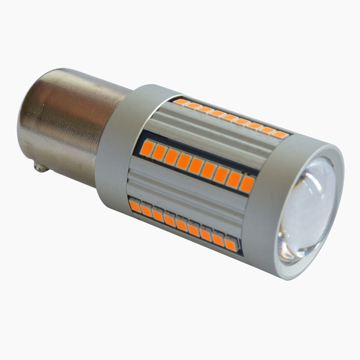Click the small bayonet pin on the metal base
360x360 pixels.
pyautogui.click(x=41, y=167)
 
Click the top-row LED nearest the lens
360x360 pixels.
pyautogui.click(x=280, y=134)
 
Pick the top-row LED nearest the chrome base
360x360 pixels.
pyautogui.click(x=181, y=102)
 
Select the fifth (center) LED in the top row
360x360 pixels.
pyautogui.click(x=230, y=118)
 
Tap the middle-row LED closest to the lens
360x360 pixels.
pyautogui.click(x=247, y=184)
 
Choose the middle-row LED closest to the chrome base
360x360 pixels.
pyautogui.click(x=148, y=148)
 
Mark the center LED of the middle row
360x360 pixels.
pyautogui.click(x=196, y=166)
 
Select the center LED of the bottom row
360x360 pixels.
pyautogui.click(x=181, y=224)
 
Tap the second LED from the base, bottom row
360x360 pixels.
pyautogui.click(x=146, y=211)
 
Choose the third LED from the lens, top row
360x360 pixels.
pyautogui.click(x=255, y=126)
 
